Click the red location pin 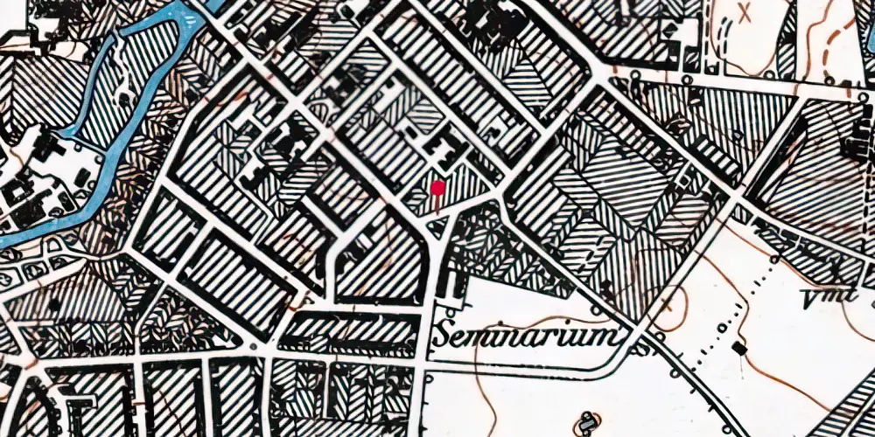[x=437, y=187]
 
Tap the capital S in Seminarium [x=444, y=336]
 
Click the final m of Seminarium [x=612, y=336]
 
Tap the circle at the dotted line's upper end [x=775, y=260]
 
